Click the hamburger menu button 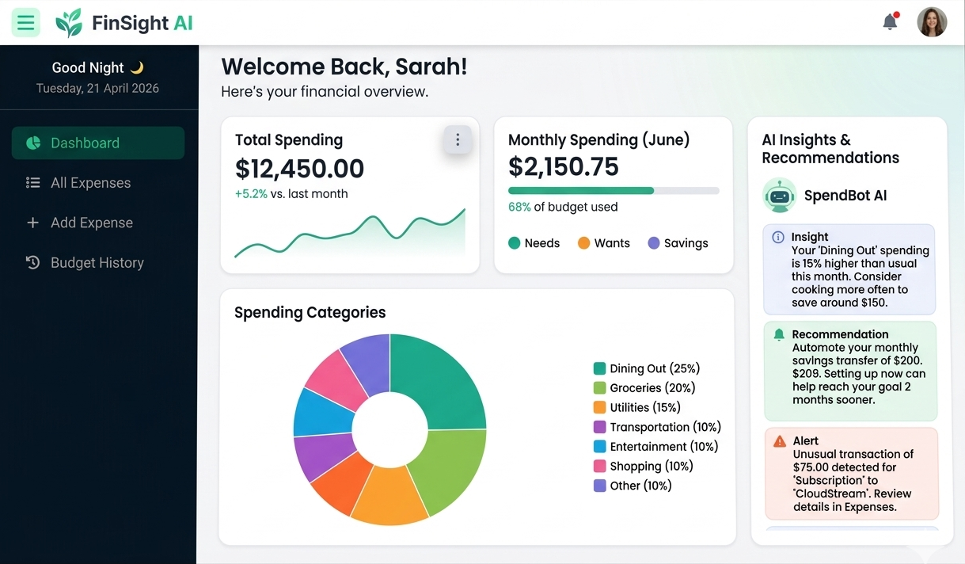point(25,22)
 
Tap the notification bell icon point(890,22)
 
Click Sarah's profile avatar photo point(932,22)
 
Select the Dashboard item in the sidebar point(98,143)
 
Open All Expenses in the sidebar point(90,183)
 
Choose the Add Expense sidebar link point(91,223)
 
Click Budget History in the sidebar point(97,263)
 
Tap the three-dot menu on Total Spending point(458,140)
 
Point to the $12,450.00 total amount point(300,169)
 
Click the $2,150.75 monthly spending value point(564,166)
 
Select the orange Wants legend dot point(583,243)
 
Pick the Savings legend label point(686,243)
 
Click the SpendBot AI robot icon point(780,195)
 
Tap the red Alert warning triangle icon point(780,441)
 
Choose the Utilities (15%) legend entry point(644,407)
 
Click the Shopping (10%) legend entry point(651,466)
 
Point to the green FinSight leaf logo point(69,23)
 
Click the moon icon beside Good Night point(137,68)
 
